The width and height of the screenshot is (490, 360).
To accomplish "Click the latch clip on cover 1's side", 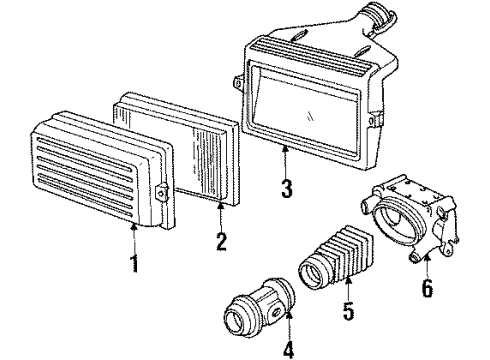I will (160, 189).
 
